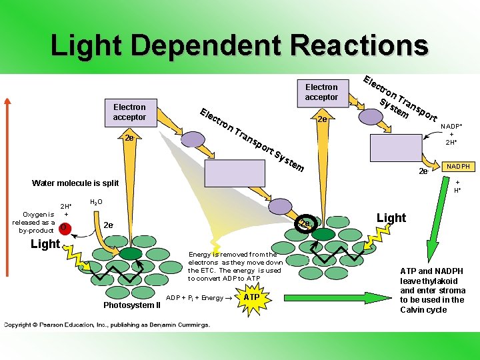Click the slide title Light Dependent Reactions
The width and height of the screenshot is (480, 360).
point(239,46)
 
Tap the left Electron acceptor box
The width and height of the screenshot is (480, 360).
point(129,112)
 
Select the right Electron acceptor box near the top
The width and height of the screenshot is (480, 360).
point(321,92)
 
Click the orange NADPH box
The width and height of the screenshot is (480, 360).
point(458,167)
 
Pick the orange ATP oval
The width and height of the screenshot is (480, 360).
point(251,297)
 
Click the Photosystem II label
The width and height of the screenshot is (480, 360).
point(132,306)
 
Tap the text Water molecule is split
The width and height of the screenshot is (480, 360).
point(75,183)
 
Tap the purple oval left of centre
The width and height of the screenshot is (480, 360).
point(194,139)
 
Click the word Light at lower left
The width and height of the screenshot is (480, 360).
point(45,244)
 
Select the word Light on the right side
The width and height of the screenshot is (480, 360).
point(391,218)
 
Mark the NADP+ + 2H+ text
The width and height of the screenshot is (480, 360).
point(451,133)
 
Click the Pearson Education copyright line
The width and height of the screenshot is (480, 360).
point(107,325)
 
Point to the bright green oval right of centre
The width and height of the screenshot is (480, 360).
point(324,234)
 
